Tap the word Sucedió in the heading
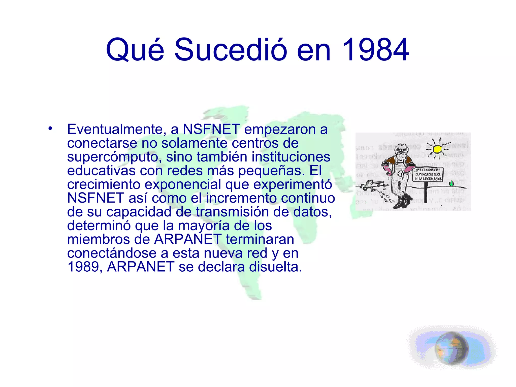pos(230,50)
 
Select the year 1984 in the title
pos(375,50)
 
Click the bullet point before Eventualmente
pos(50,128)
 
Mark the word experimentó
pos(293,184)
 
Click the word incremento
pos(241,198)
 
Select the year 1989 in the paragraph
pos(83,267)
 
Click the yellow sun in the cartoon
pos(437,149)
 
